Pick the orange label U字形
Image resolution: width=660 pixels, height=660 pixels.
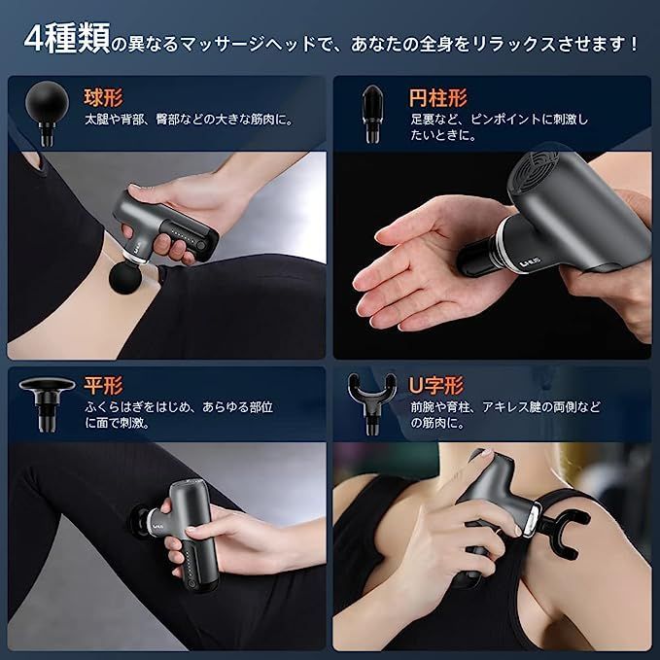pos(437,381)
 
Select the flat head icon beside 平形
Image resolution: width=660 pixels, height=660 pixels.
pos(47,399)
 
